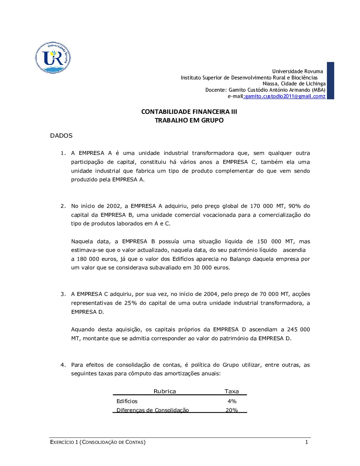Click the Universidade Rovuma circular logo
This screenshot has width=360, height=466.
[x=53, y=58]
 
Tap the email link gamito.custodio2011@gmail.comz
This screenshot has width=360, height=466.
[x=285, y=96]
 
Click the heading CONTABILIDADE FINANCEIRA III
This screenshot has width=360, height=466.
[x=189, y=112]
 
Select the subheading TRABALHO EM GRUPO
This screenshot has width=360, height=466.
[x=189, y=120]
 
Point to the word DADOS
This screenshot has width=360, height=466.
[x=61, y=136]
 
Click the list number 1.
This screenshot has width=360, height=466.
[x=63, y=153]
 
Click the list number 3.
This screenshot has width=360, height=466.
[x=63, y=294]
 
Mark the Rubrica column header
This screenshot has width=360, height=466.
[x=165, y=392]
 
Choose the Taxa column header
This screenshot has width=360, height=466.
[x=232, y=392]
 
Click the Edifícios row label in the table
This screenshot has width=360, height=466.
[x=127, y=401]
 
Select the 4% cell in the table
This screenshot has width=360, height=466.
[x=232, y=401]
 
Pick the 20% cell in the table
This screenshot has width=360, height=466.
[x=232, y=410]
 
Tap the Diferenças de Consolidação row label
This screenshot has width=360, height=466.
[x=153, y=410]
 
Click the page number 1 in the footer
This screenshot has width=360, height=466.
[x=306, y=442]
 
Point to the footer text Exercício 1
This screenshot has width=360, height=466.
[x=64, y=442]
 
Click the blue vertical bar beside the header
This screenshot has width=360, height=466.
[x=330, y=80]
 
